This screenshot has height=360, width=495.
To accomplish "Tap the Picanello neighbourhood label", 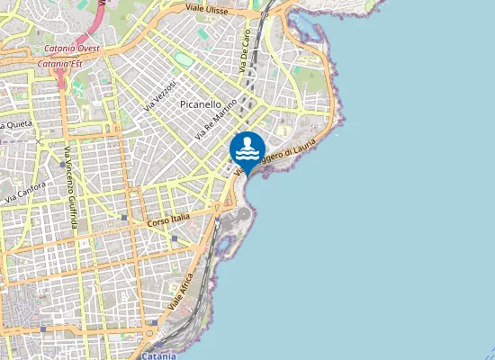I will (200, 104).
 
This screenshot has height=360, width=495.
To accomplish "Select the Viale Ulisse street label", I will (207, 8).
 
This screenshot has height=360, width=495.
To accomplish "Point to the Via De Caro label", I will (244, 50).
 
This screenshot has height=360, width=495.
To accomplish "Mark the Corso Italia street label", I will (169, 220).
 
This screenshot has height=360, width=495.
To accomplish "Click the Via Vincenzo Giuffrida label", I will (70, 184).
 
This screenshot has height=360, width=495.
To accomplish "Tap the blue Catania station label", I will (159, 355).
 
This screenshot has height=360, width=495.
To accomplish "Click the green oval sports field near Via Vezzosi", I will (184, 59).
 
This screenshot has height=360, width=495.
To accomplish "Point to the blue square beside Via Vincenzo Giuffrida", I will (62, 165).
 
